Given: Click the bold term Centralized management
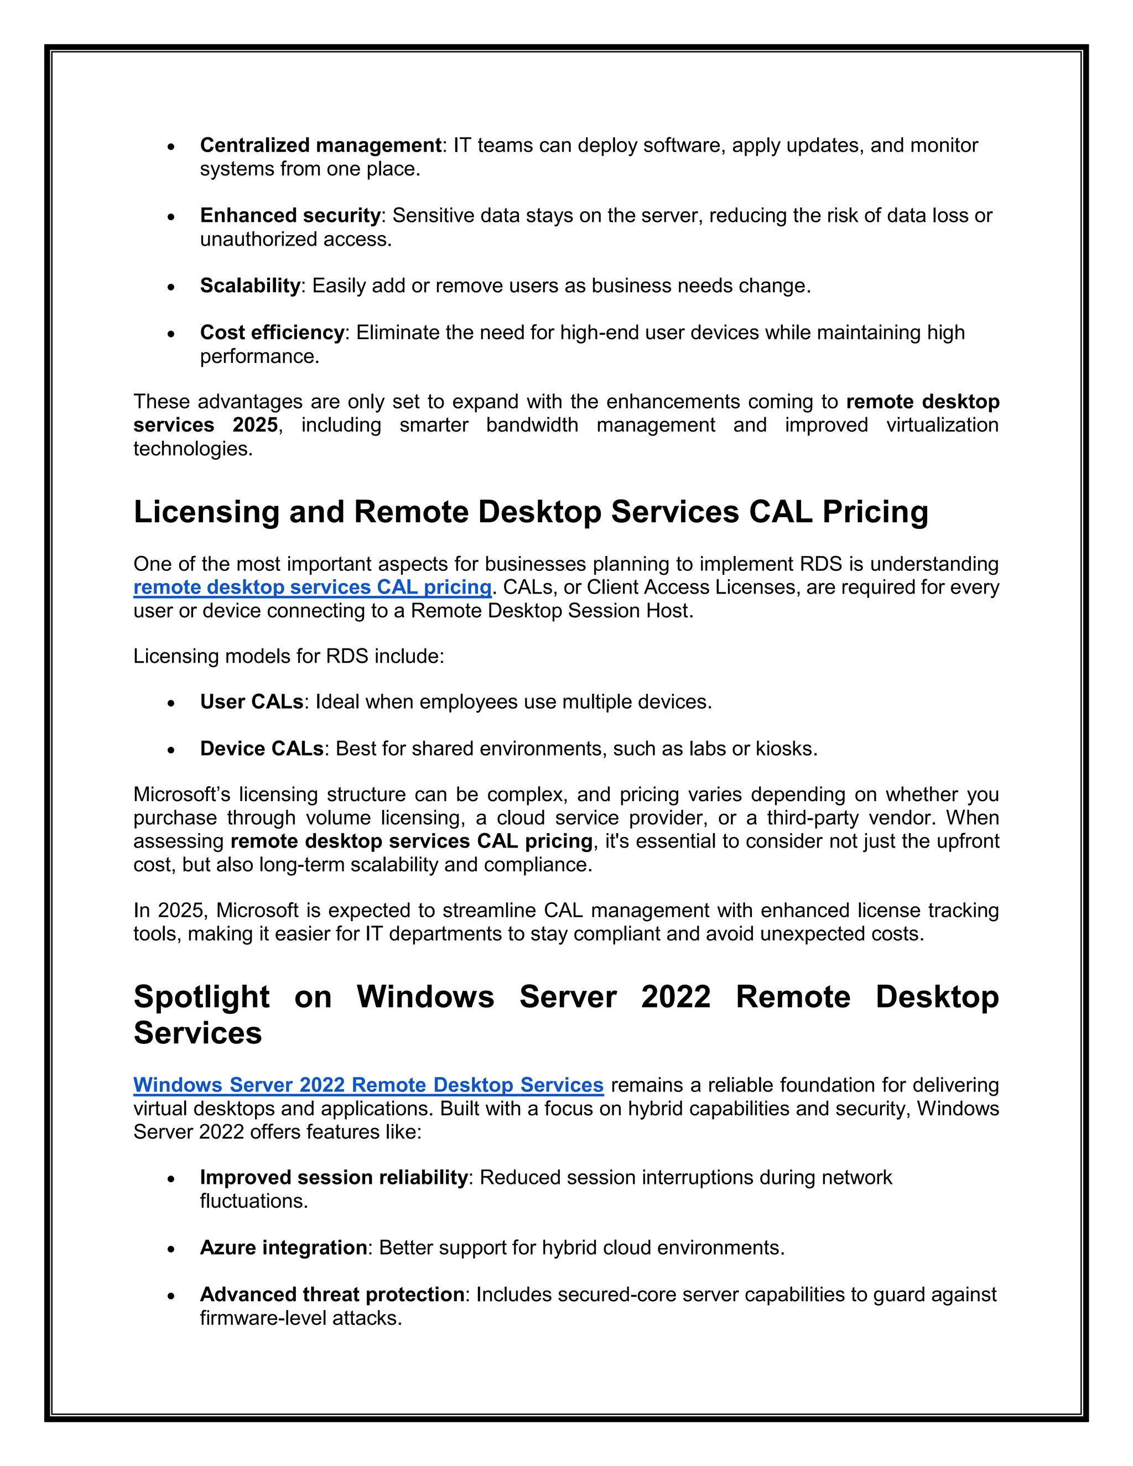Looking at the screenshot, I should click(321, 145).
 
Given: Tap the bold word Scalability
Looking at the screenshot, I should click(250, 286).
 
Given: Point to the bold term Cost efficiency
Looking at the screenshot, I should click(272, 332).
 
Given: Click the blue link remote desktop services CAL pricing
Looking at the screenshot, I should click(312, 588).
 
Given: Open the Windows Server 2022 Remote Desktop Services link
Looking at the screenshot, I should click(368, 1085).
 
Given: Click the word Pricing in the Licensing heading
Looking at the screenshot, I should click(875, 512).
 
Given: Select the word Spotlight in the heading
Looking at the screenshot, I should click(201, 997).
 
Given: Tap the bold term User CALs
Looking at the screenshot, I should click(252, 702).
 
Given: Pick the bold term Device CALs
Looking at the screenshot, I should click(262, 749).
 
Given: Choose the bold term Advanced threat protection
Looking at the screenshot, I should click(331, 1295).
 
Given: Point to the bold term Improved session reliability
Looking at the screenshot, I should click(334, 1178).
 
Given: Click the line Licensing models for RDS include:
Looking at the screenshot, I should click(289, 657).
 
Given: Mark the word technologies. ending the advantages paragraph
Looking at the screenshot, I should click(193, 449).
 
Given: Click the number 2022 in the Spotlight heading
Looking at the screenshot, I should click(675, 997).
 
